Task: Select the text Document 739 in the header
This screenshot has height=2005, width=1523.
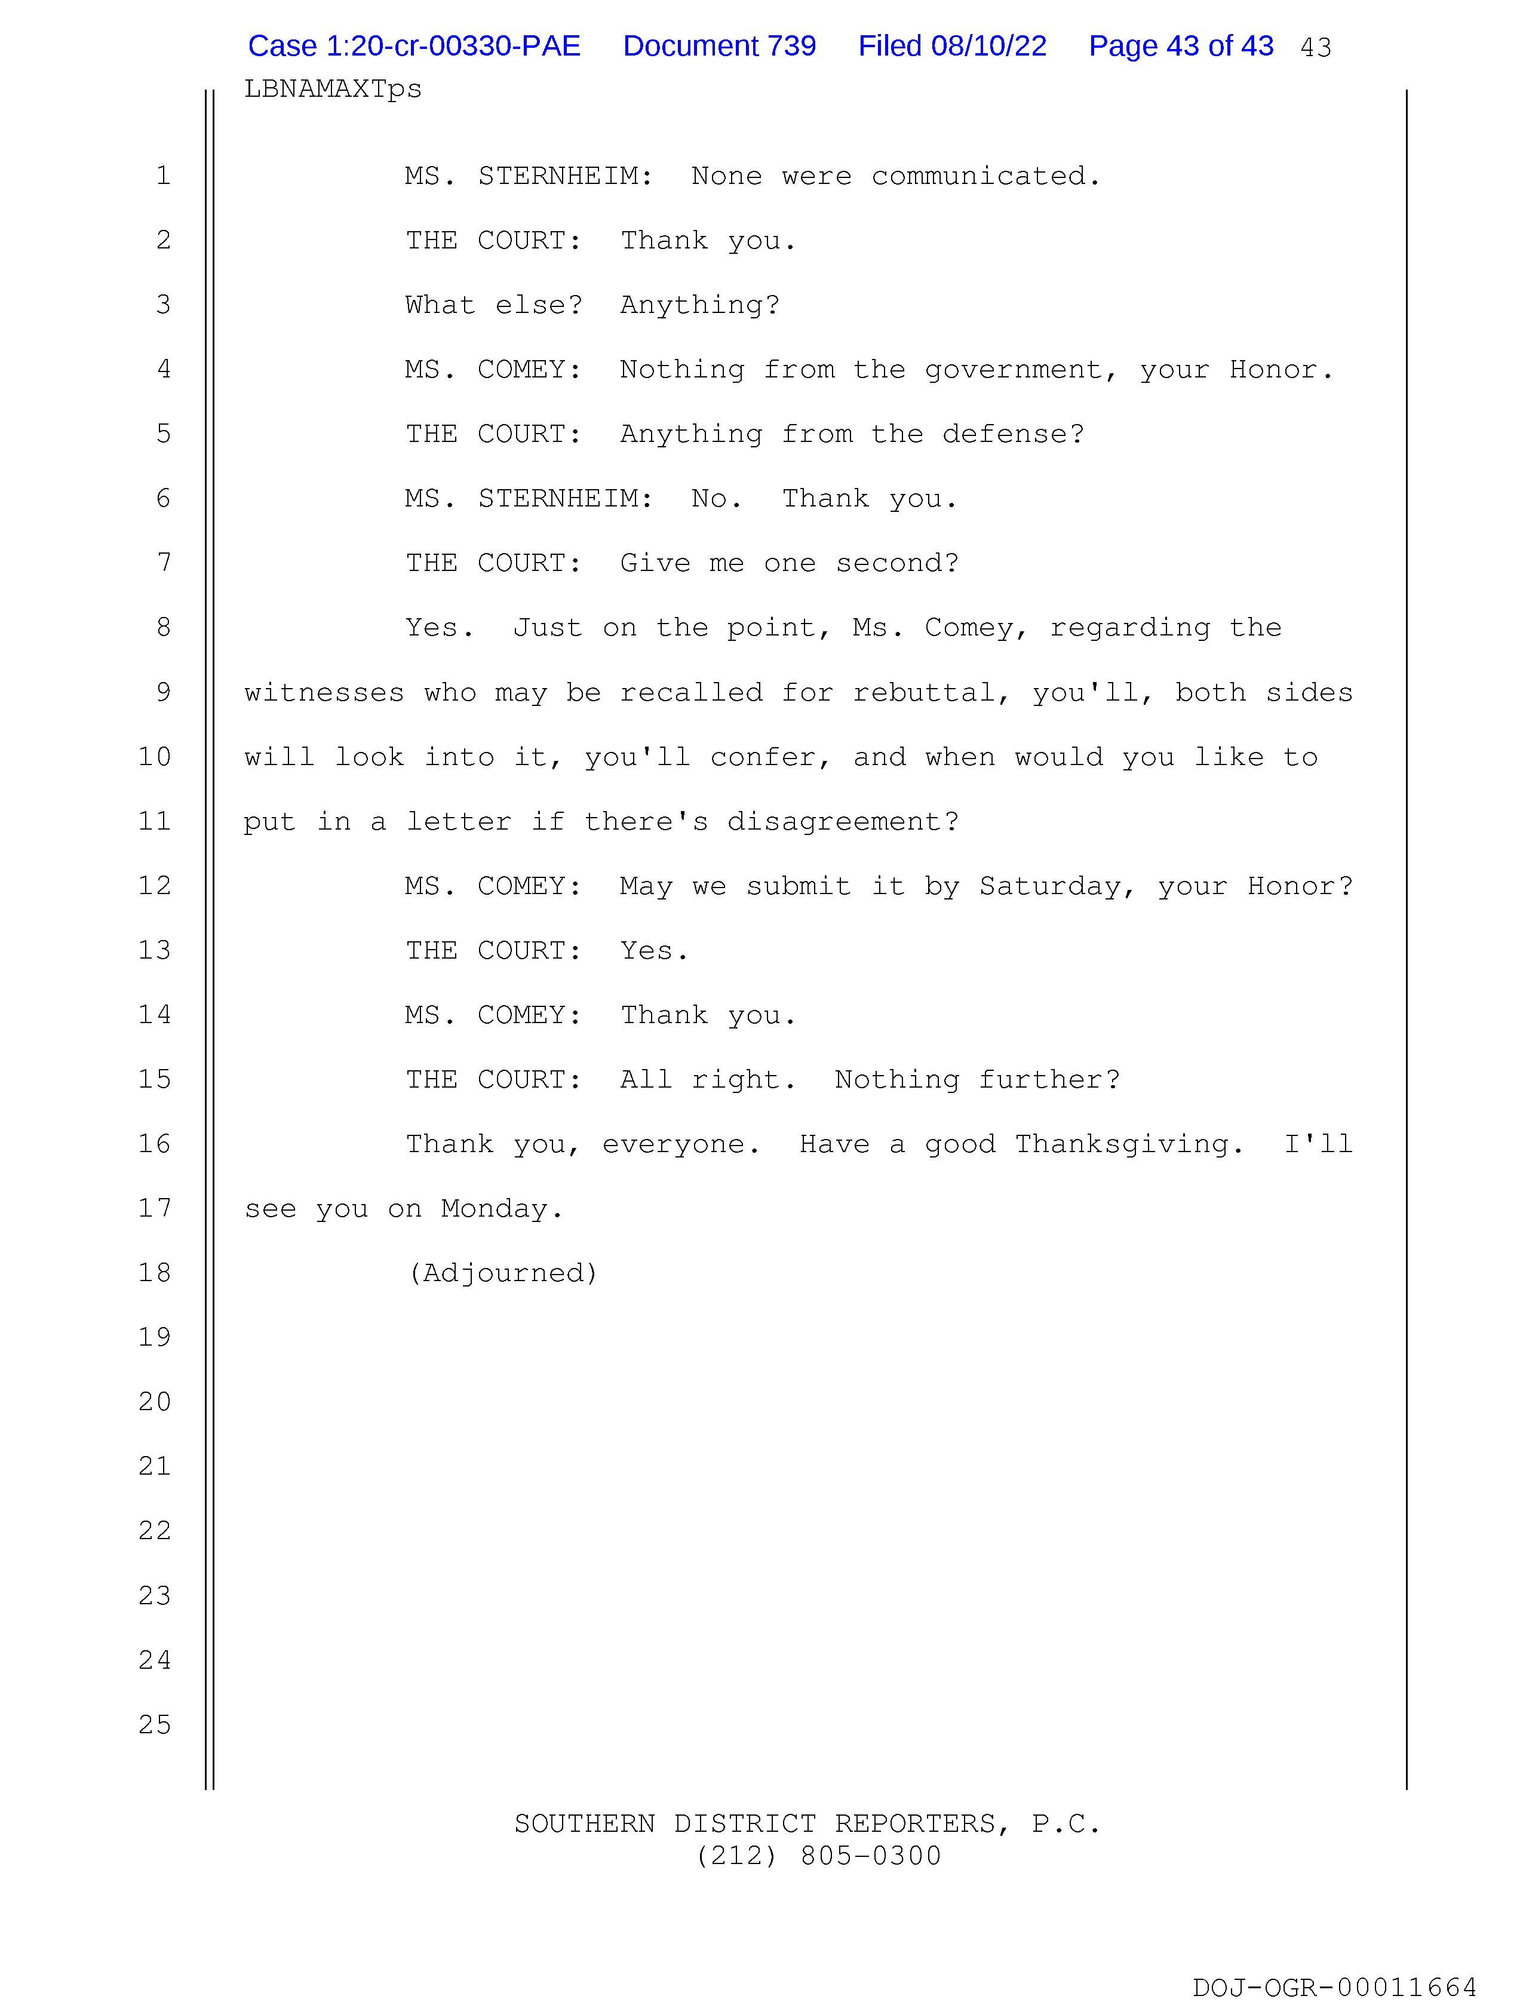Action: click(x=719, y=46)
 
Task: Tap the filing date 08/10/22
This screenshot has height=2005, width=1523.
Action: click(x=988, y=46)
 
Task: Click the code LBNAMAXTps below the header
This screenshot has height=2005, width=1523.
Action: click(x=333, y=89)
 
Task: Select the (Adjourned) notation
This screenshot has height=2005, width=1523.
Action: click(x=503, y=1273)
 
